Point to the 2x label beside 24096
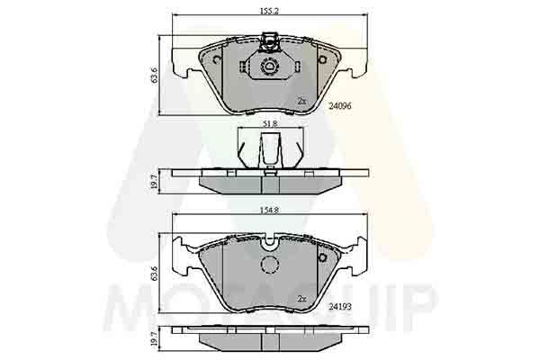point(302,101)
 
